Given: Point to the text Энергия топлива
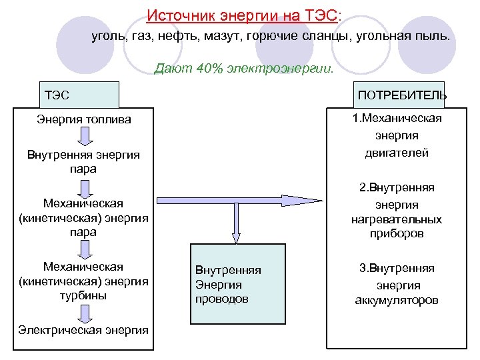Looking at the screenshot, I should coord(83,120).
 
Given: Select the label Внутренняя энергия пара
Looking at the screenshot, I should coord(83,162).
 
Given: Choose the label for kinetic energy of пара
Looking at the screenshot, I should coord(83,217).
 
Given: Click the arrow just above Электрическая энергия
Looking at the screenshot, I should coord(84,313).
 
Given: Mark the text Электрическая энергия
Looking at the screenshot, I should coord(83,330).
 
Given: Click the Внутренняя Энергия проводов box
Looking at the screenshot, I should coord(237,285).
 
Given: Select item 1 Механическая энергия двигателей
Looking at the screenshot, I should coord(397,135).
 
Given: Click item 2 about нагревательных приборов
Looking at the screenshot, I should coord(397,211).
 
